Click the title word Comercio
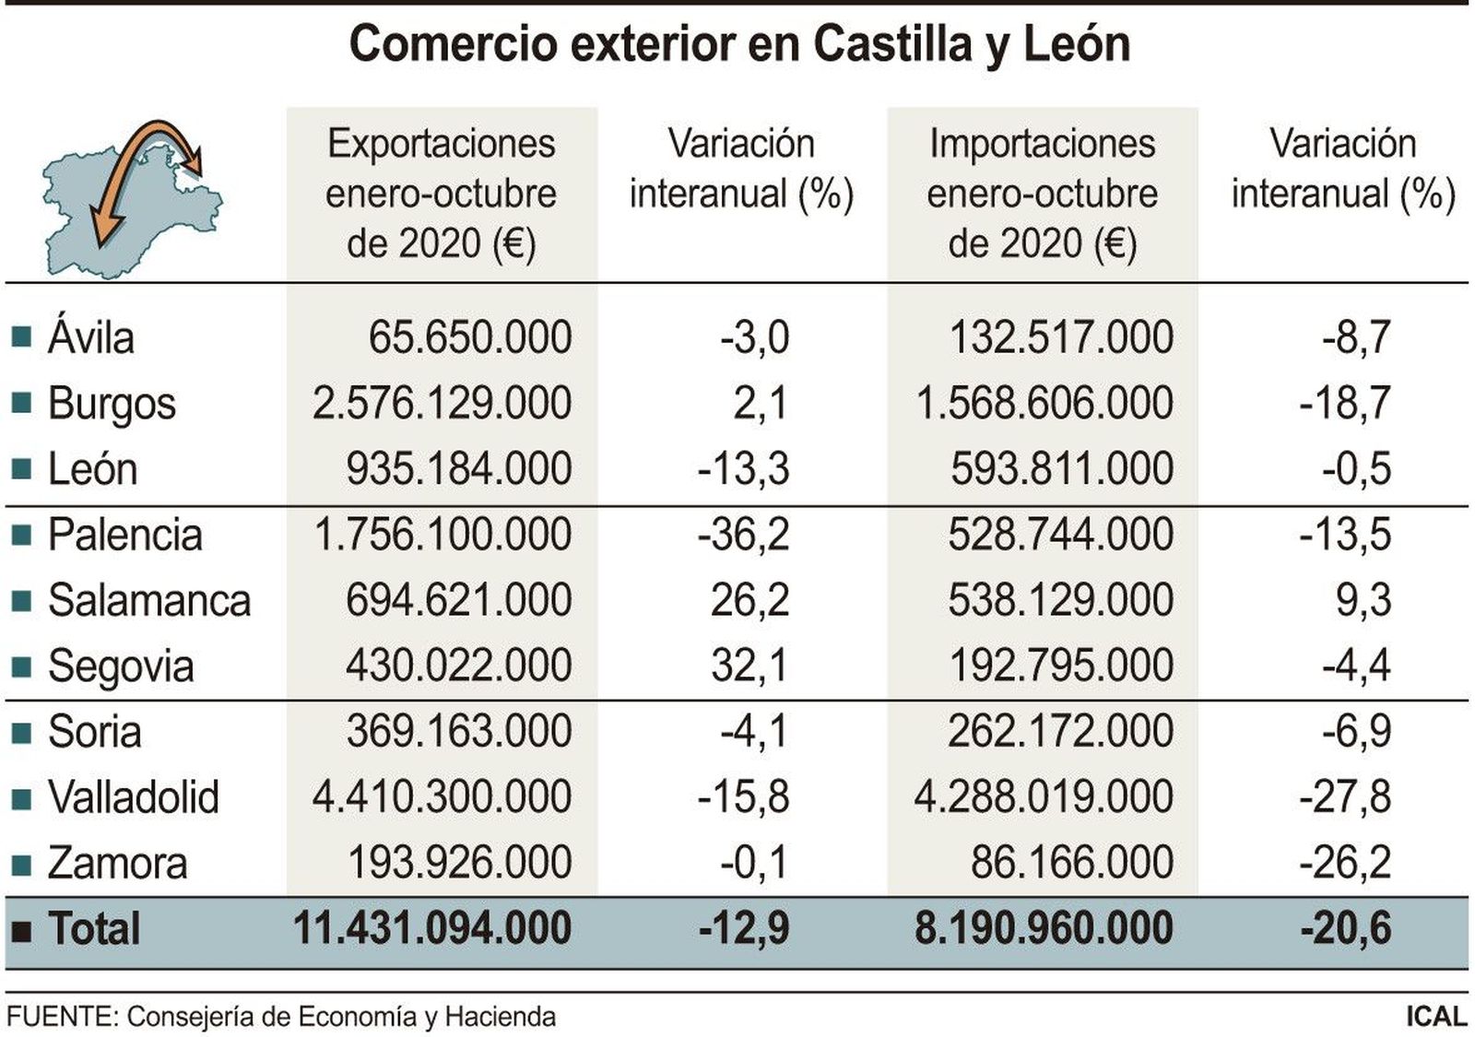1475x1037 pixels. (452, 44)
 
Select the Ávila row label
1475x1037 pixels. (91, 337)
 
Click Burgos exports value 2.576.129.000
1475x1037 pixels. (442, 404)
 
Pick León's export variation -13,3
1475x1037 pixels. (743, 469)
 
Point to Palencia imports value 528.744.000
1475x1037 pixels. (1060, 536)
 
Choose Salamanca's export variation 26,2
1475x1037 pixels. (749, 601)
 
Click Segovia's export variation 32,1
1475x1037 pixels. (749, 666)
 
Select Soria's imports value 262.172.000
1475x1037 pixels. (1060, 732)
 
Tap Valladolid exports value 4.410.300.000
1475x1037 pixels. (442, 797)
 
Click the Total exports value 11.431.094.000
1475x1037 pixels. (432, 928)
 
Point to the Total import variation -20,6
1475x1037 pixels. (1345, 928)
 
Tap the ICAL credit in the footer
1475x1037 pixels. (1435, 1017)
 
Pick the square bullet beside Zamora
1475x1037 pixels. (21, 865)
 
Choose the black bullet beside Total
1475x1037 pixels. (21, 930)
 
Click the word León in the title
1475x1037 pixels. (1077, 44)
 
